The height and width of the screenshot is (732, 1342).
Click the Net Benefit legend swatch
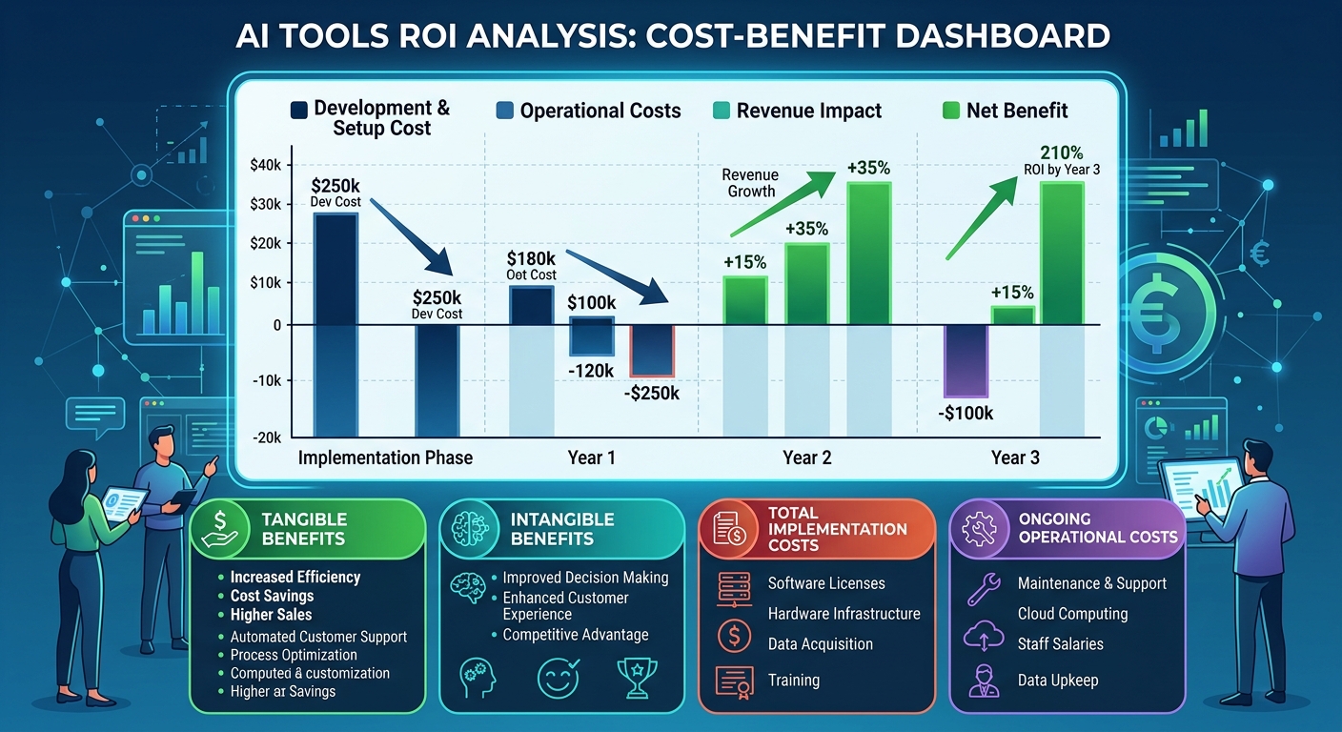click(950, 111)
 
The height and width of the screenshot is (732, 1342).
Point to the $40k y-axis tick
click(266, 165)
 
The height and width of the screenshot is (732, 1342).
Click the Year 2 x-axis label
click(806, 457)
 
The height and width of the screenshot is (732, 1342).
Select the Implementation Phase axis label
click(385, 457)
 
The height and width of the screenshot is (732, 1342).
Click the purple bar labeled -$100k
click(966, 360)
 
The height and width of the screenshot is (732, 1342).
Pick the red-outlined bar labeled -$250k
click(652, 351)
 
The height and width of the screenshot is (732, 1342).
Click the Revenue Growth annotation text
click(750, 183)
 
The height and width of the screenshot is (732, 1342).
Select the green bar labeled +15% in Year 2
click(745, 300)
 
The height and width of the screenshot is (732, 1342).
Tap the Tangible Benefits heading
click(303, 529)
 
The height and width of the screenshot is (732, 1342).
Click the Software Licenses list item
click(826, 583)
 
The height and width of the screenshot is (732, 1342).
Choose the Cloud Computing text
click(1072, 614)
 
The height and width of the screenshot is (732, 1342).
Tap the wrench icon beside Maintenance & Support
click(983, 589)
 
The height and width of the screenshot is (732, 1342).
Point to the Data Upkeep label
click(1058, 680)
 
